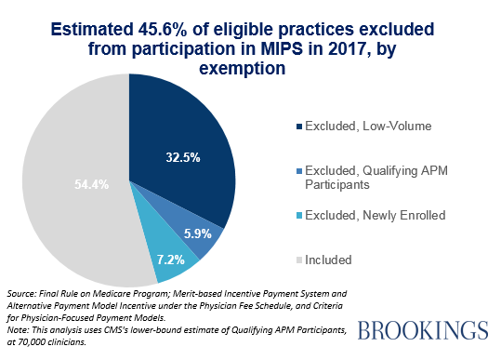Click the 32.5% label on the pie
click(183, 157)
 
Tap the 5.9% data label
click(197, 233)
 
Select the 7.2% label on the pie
click(171, 260)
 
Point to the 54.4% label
click(91, 184)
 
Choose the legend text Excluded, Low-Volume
click(368, 126)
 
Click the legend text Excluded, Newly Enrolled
click(376, 215)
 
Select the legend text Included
click(328, 260)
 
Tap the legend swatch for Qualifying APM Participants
click(299, 171)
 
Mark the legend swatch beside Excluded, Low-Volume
click(299, 127)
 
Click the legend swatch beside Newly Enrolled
click(299, 216)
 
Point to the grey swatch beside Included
click(299, 260)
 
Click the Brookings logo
click(423, 330)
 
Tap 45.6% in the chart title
click(163, 30)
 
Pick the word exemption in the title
click(242, 69)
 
